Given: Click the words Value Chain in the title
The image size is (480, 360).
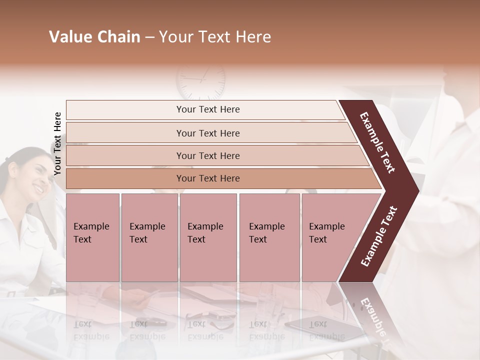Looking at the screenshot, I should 94,37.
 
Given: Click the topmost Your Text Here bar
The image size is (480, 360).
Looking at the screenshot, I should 207,109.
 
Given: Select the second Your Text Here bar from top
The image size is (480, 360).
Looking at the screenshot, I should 207,133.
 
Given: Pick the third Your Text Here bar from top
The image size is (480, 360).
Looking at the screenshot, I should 207,155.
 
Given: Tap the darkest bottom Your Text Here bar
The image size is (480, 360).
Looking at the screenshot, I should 207,178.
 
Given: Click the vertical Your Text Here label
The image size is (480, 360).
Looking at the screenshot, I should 57,143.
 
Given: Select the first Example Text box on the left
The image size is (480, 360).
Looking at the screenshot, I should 92,237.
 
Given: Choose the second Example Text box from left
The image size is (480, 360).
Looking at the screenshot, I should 149,237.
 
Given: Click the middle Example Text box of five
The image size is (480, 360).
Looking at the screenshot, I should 208,237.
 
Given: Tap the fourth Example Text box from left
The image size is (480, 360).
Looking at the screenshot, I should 269,237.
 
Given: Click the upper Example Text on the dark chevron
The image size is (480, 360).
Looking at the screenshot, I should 377,142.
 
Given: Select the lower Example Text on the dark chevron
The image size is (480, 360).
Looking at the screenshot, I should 378,236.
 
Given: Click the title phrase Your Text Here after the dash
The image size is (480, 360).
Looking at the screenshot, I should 215,37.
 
